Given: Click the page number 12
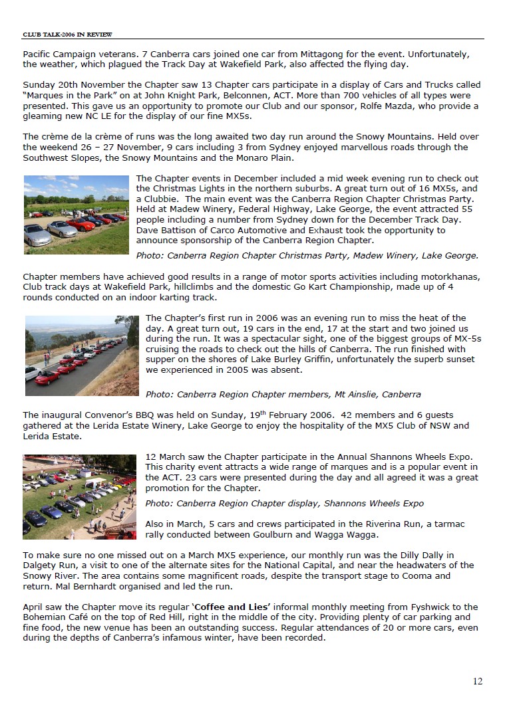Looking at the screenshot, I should pyautogui.click(x=478, y=680).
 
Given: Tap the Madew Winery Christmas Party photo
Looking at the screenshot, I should pyautogui.click(x=76, y=215).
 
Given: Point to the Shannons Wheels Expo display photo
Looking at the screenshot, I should pyautogui.click(x=79, y=496).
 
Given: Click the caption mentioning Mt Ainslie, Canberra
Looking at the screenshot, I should pyautogui.click(x=283, y=394).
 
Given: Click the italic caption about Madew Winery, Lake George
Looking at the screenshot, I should pyautogui.click(x=307, y=255).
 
